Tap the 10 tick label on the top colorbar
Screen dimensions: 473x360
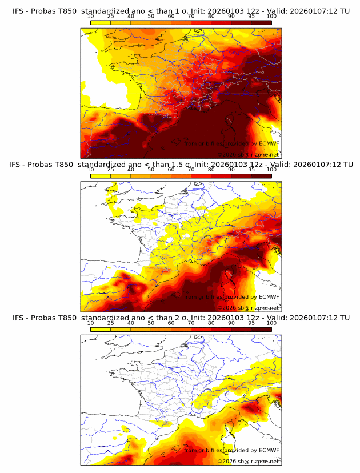pos(90,16)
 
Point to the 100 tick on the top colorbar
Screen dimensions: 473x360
pos(271,16)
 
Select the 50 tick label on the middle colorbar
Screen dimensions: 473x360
pos(151,170)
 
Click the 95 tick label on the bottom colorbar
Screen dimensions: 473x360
pos(251,323)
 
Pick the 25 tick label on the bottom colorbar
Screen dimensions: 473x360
pos(110,323)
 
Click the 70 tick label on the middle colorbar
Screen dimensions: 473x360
pos(191,170)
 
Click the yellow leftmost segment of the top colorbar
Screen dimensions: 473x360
pos(100,22)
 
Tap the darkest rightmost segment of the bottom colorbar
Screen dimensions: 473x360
pos(261,330)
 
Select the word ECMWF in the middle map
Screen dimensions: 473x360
pos(269,297)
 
